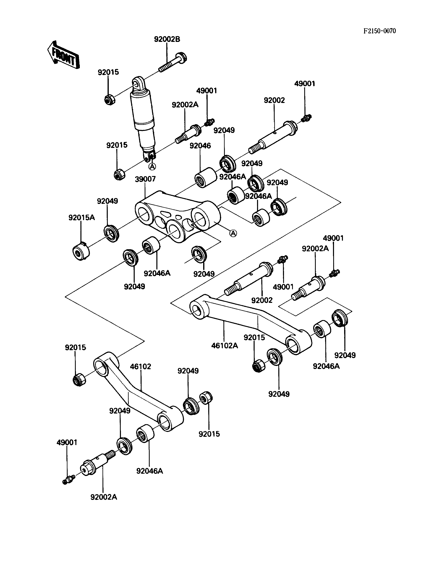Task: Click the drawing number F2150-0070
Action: click(380, 31)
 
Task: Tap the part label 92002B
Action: click(167, 39)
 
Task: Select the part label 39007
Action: click(145, 179)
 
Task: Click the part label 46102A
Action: click(225, 346)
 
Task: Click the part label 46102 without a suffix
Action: click(140, 367)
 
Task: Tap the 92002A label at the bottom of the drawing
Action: click(104, 497)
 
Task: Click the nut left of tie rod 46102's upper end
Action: click(79, 380)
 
